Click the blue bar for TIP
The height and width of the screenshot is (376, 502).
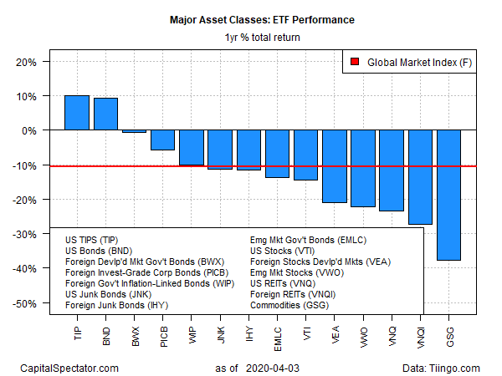(77, 113)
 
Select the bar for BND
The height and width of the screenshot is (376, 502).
(105, 114)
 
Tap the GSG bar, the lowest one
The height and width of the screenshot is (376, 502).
(448, 196)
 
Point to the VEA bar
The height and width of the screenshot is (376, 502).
(335, 166)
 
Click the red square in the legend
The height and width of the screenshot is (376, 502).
(355, 62)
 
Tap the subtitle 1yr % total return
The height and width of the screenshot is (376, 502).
(263, 38)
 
